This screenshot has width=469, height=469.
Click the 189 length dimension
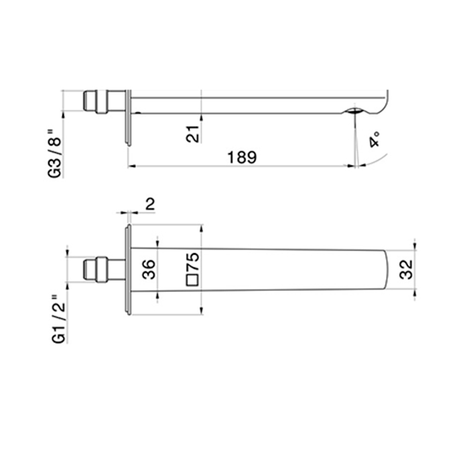pos(242,157)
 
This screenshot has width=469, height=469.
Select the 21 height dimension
pos(192,134)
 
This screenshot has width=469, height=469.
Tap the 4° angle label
pos(374,139)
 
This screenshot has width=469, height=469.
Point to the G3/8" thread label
pos(54,153)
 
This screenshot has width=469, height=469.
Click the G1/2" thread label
pos(59,319)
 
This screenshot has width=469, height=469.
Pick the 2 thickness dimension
pos(150,204)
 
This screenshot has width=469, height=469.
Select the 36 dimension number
pos(149,269)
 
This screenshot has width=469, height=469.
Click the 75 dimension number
pos(192,262)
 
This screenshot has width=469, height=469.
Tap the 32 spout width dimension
pos(406,269)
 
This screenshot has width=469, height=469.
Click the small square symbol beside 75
pos(192,280)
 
